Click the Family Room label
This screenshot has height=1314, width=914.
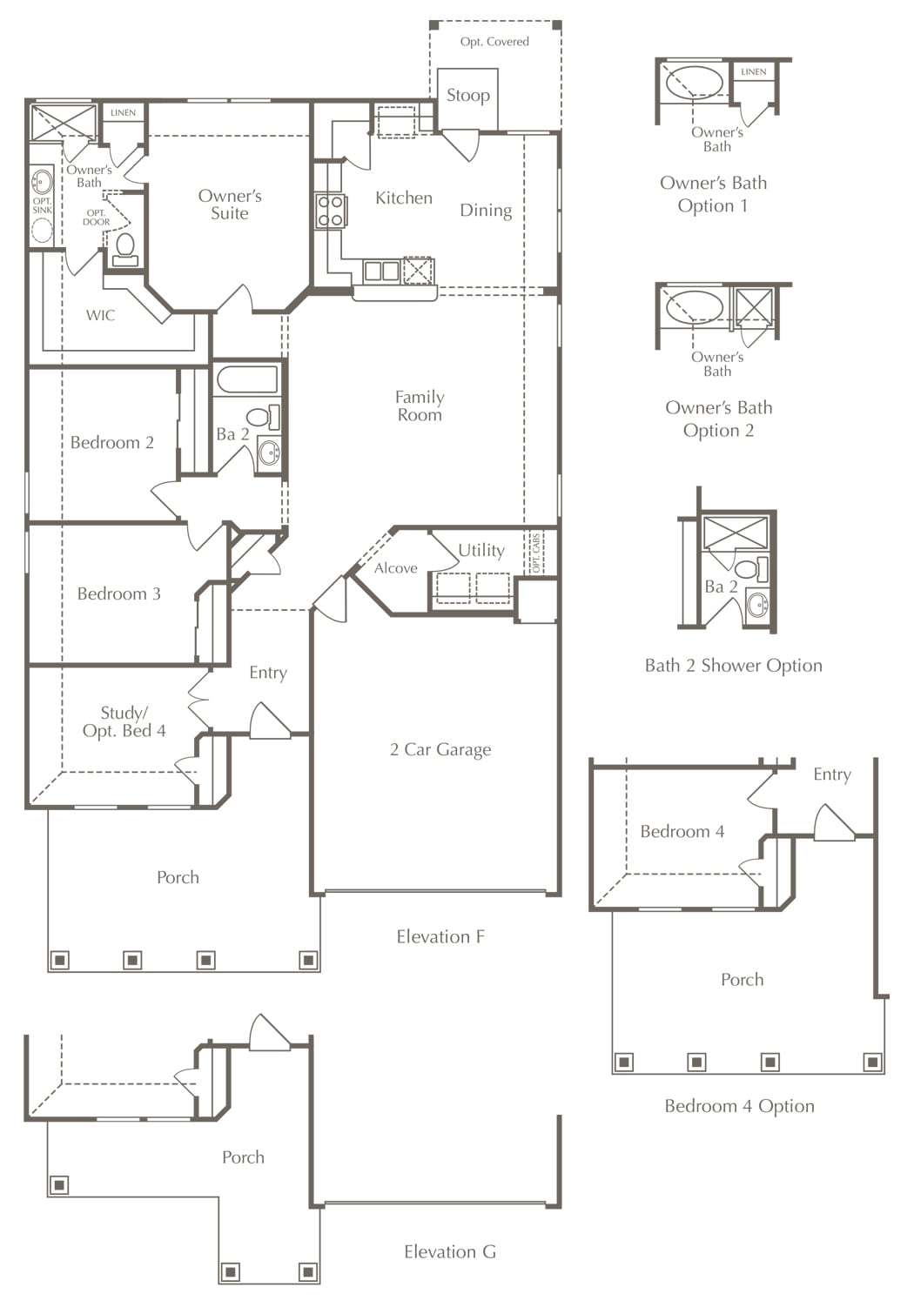pyautogui.click(x=420, y=406)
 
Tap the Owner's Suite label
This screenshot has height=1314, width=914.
pyautogui.click(x=230, y=204)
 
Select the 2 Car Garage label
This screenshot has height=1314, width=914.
pyautogui.click(x=440, y=750)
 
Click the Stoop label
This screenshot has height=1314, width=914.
pyautogui.click(x=468, y=95)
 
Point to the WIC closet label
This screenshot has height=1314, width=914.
pyautogui.click(x=100, y=315)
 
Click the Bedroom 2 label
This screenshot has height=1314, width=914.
pyautogui.click(x=112, y=442)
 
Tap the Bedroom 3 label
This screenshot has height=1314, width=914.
pyautogui.click(x=119, y=593)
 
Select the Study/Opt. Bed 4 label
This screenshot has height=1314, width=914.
pyautogui.click(x=124, y=722)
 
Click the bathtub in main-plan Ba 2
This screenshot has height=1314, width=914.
pyautogui.click(x=247, y=380)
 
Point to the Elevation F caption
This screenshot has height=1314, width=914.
pyautogui.click(x=440, y=937)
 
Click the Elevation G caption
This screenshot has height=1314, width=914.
pyautogui.click(x=450, y=1252)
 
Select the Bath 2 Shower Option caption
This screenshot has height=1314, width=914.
pyautogui.click(x=733, y=665)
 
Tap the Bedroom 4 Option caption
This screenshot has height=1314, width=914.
pyautogui.click(x=739, y=1106)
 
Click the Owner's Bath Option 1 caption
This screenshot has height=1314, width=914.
pyautogui.click(x=714, y=194)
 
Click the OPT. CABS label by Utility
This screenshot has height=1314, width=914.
pyautogui.click(x=536, y=553)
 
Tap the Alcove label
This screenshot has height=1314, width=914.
pyautogui.click(x=396, y=568)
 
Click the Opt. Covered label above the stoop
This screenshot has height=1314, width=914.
pyautogui.click(x=494, y=42)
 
